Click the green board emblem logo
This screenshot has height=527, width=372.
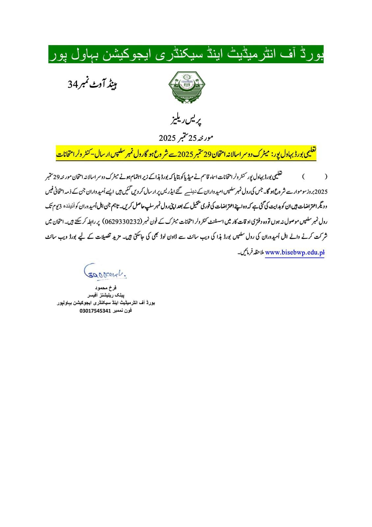coord(186,87)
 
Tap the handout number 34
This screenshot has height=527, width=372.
coord(72,85)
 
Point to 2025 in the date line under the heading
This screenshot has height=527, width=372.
coord(168,137)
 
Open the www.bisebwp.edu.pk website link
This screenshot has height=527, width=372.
coord(294,253)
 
